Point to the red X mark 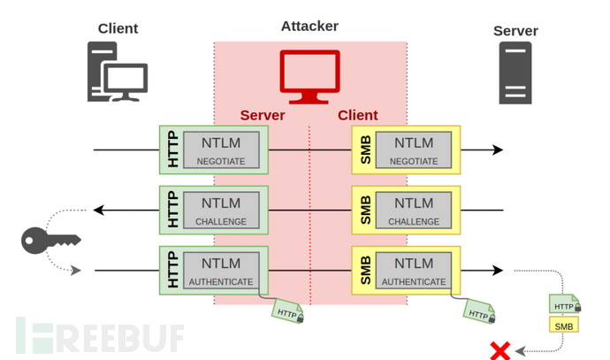click(x=499, y=350)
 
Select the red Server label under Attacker click(x=263, y=116)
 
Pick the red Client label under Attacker click(x=357, y=116)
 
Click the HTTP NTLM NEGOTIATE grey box click(x=224, y=149)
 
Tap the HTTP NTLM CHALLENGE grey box click(x=224, y=210)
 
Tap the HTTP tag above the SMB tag click(x=562, y=305)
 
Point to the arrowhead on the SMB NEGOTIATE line click(x=498, y=149)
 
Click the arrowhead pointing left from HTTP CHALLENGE click(x=100, y=210)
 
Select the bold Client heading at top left click(x=118, y=28)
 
